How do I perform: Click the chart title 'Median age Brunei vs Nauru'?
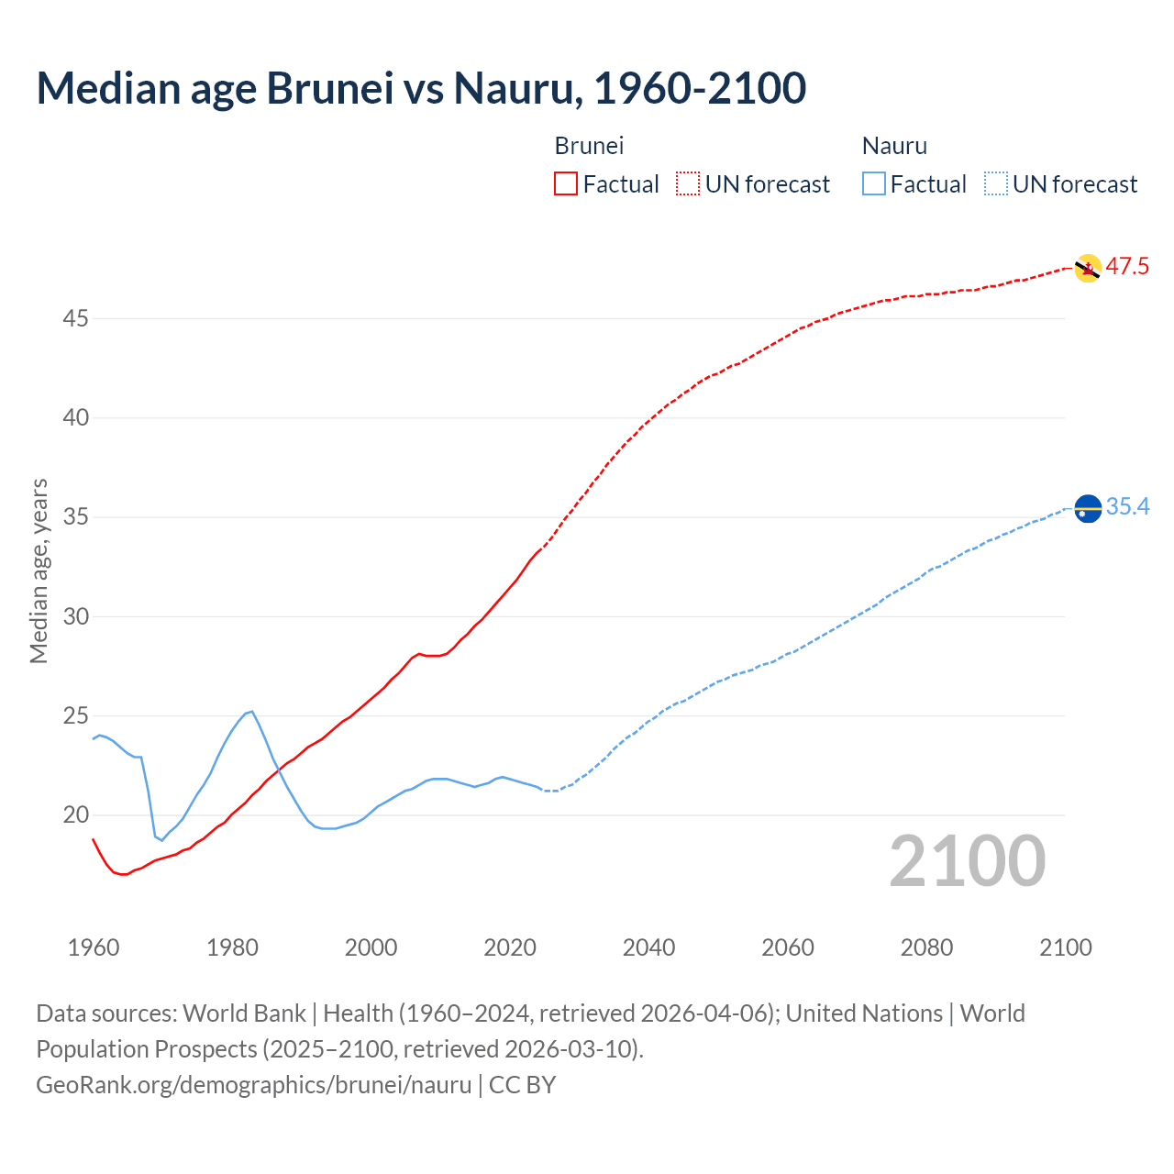[421, 88]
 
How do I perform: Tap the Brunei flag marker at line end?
[1087, 268]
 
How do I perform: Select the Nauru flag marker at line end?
[1087, 507]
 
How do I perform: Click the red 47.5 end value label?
[1127, 267]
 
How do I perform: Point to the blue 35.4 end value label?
[1127, 507]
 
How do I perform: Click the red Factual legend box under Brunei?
[566, 184]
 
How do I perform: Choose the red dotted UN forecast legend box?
[688, 184]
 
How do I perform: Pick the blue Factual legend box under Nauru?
[874, 184]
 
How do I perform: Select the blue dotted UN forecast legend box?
[995, 184]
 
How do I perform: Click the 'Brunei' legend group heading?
[589, 146]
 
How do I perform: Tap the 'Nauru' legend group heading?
[894, 146]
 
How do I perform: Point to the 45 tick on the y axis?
[76, 319]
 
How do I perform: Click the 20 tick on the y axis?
[76, 815]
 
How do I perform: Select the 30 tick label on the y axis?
[76, 616]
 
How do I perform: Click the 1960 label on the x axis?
[94, 947]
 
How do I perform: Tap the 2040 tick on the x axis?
[648, 947]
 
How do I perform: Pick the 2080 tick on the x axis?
[926, 947]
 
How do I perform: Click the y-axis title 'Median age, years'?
[39, 570]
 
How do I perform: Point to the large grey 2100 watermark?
[968, 861]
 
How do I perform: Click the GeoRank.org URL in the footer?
[254, 1085]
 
